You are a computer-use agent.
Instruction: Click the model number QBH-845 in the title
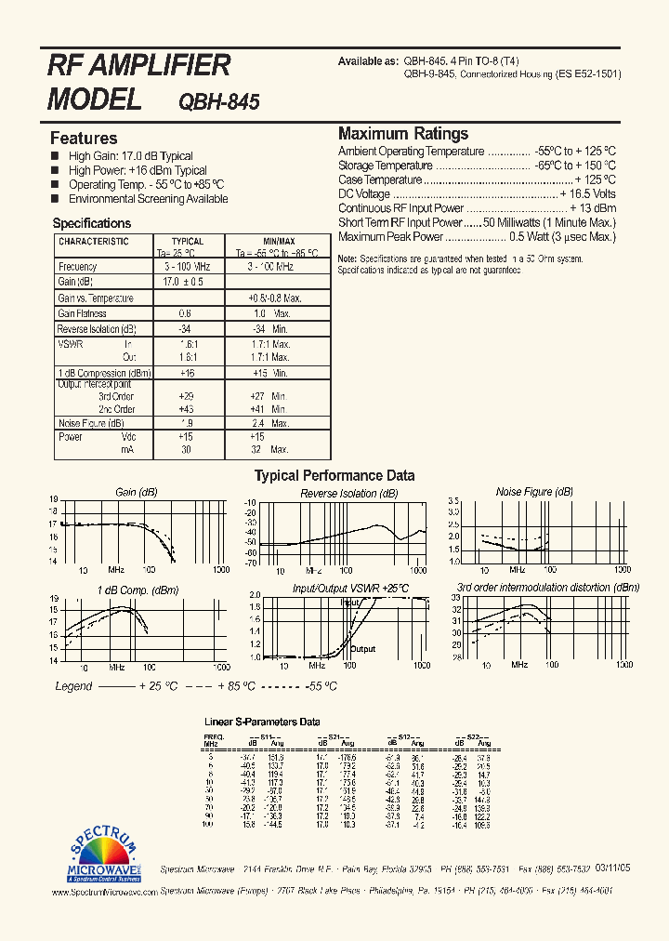pyautogui.click(x=218, y=101)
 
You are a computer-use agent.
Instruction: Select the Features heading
pyautogui.click(x=84, y=139)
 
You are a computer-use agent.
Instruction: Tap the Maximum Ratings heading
pyautogui.click(x=403, y=134)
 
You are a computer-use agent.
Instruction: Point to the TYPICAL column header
pyautogui.click(x=188, y=242)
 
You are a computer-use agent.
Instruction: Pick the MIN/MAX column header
pyautogui.click(x=279, y=242)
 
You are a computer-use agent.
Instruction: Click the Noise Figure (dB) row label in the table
pyautogui.click(x=91, y=423)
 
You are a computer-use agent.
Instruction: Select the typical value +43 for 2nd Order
pyautogui.click(x=186, y=409)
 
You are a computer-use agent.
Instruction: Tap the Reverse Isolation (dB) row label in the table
pyautogui.click(x=97, y=329)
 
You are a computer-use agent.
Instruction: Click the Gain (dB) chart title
pyautogui.click(x=137, y=492)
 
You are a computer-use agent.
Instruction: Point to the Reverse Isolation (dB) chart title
pyautogui.click(x=349, y=494)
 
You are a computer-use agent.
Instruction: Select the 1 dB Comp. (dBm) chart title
pyautogui.click(x=138, y=590)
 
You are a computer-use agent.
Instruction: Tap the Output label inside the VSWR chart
pyautogui.click(x=363, y=649)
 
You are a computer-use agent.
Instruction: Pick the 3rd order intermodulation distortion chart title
pyautogui.click(x=548, y=588)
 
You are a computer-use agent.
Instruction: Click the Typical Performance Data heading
pyautogui.click(x=334, y=476)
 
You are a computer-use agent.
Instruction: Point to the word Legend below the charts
pyautogui.click(x=73, y=686)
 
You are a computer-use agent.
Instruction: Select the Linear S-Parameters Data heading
pyautogui.click(x=262, y=722)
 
